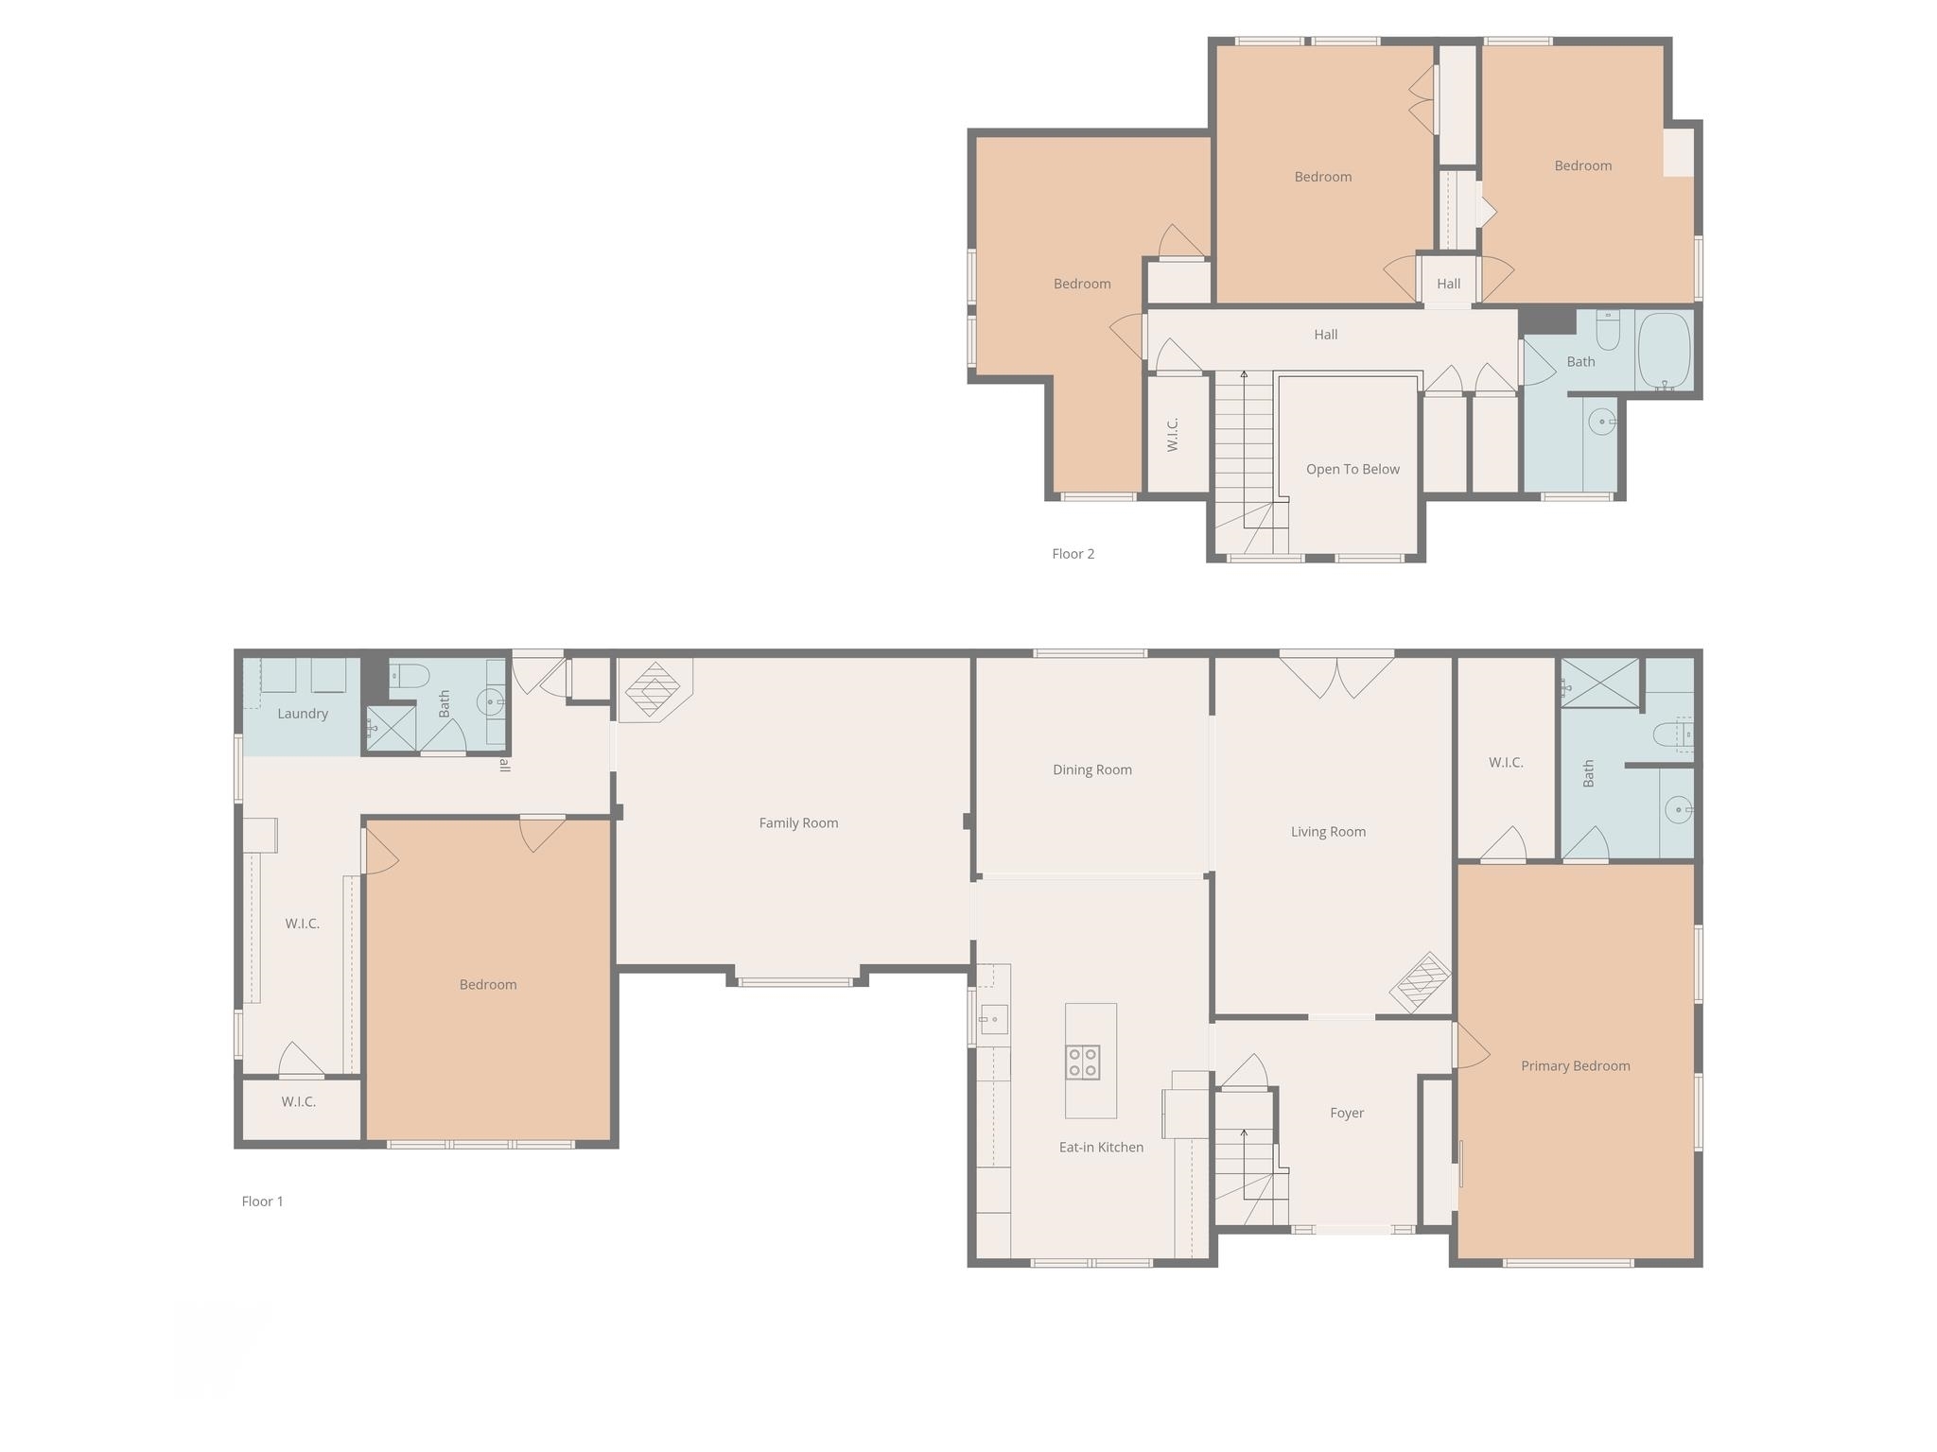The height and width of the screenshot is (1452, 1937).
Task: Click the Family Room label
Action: point(798,822)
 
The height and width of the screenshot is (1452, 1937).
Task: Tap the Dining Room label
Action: point(1092,769)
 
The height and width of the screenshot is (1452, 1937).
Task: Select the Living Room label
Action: point(1328,832)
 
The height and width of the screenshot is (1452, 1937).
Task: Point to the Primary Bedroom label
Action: point(1575,1065)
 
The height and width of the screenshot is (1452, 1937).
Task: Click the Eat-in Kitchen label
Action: point(1101,1147)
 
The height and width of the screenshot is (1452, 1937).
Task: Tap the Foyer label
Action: point(1347,1113)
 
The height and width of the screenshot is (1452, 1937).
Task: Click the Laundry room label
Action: point(303,714)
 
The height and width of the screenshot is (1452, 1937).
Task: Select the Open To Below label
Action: point(1352,469)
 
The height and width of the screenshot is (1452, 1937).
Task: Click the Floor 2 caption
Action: point(1073,553)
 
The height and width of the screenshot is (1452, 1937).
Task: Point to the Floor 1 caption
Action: point(262,1201)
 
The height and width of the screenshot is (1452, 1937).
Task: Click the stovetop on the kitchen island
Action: point(1083,1063)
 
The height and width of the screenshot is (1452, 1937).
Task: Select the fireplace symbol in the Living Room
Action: point(1420,983)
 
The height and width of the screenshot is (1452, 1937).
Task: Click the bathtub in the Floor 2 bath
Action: point(1665,351)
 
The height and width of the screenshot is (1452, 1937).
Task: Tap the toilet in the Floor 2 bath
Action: point(1608,330)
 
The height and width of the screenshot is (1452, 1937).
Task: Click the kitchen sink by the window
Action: point(993,1020)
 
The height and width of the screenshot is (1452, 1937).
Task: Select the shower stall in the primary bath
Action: point(1599,683)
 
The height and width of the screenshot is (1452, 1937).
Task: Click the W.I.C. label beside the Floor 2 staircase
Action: point(1173,434)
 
